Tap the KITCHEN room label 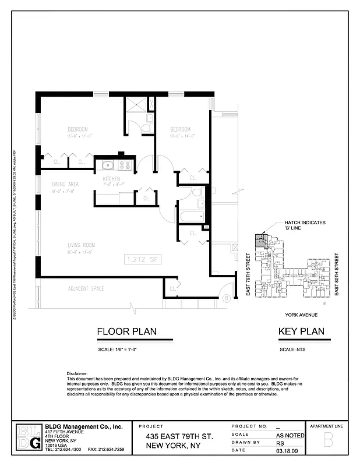point(111,178)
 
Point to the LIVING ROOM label point(81,245)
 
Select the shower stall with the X point(137,105)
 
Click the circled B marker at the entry point(225,299)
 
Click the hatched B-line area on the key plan point(260,240)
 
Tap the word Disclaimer point(76,373)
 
